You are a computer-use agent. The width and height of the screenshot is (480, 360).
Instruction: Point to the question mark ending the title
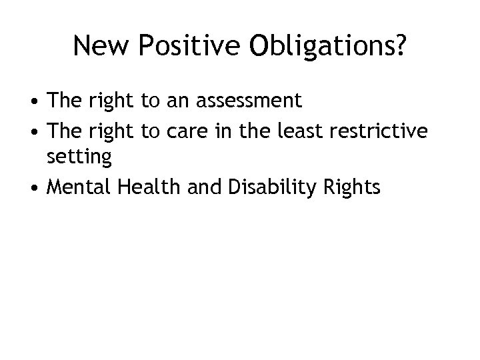click(398, 46)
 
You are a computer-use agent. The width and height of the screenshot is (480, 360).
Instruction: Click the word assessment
click(247, 101)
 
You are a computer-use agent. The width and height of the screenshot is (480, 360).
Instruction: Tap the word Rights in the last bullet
click(351, 189)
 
